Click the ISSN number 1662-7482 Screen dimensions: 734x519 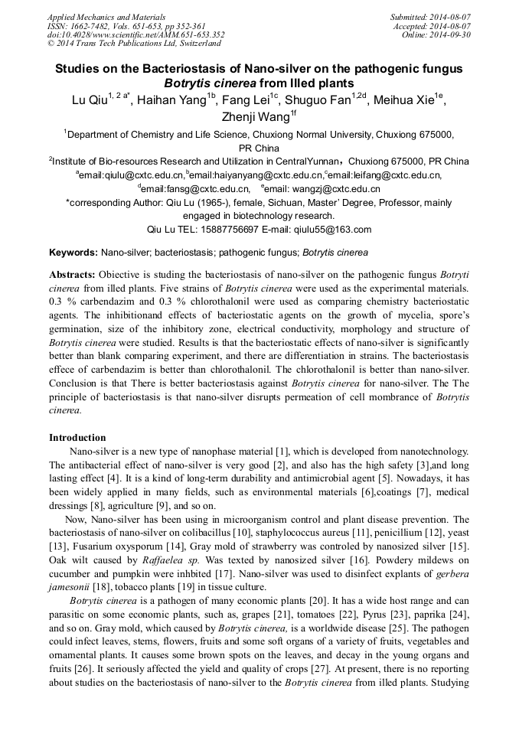click(x=98, y=25)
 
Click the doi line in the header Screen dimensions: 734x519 click(x=135, y=34)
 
